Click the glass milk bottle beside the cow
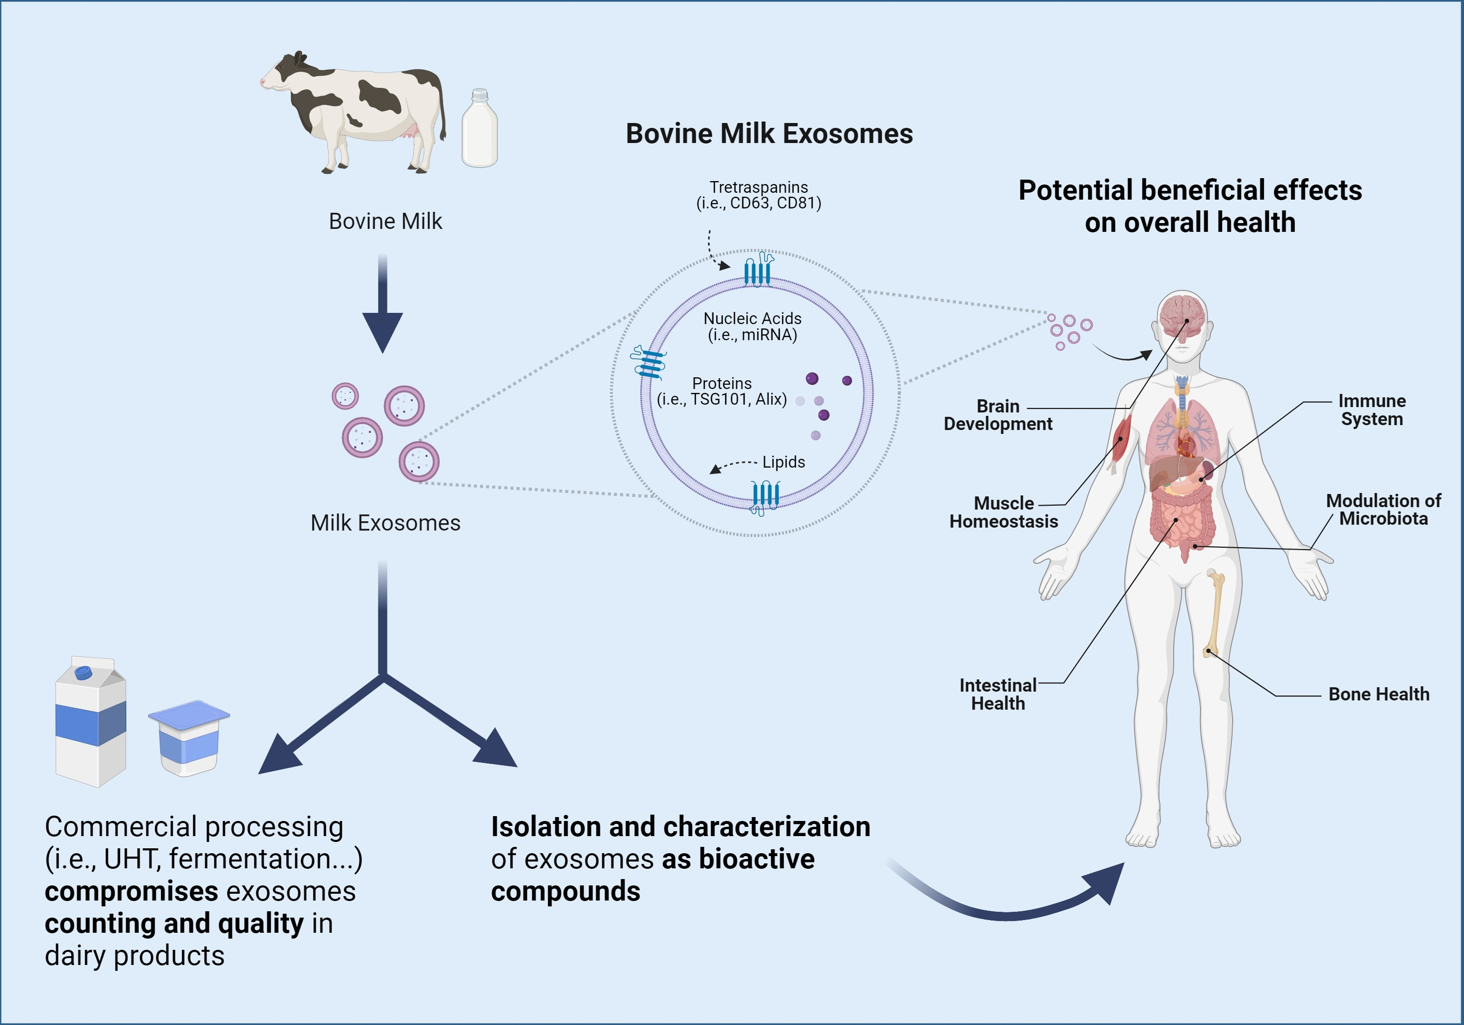[480, 131]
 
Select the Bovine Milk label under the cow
[385, 221]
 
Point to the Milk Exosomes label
[385, 523]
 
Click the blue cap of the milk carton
[83, 672]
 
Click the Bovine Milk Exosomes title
[769, 134]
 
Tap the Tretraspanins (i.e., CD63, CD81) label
[758, 195]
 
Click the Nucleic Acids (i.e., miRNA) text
[752, 327]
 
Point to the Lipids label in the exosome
[783, 462]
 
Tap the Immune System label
[1372, 410]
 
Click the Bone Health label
[1379, 694]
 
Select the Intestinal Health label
[998, 694]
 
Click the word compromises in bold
[131, 891]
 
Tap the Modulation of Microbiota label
[1383, 509]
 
